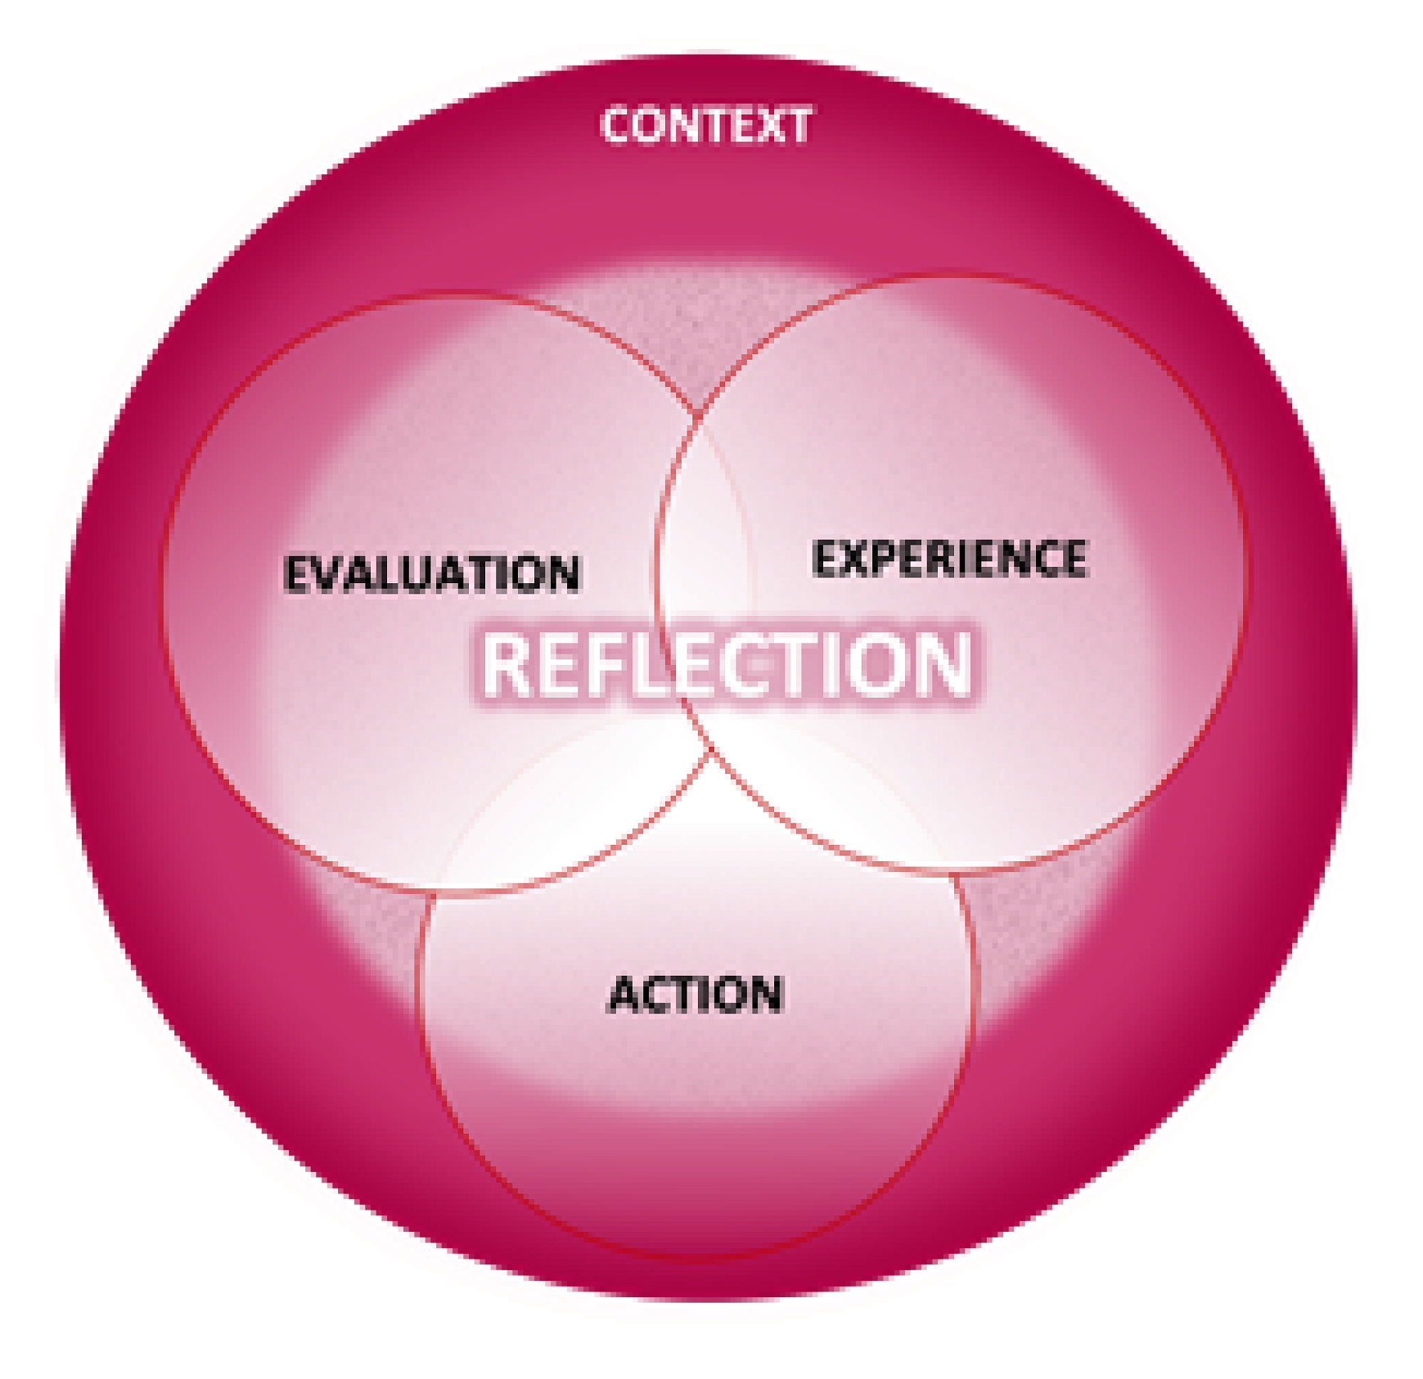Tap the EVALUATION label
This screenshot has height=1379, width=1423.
pyautogui.click(x=433, y=574)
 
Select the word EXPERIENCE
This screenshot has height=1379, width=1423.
pyautogui.click(x=950, y=559)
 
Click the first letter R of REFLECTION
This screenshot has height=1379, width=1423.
pyautogui.click(x=508, y=664)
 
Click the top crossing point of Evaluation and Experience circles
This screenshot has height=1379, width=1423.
pyautogui.click(x=699, y=414)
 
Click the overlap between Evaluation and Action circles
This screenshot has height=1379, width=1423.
pyautogui.click(x=581, y=820)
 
